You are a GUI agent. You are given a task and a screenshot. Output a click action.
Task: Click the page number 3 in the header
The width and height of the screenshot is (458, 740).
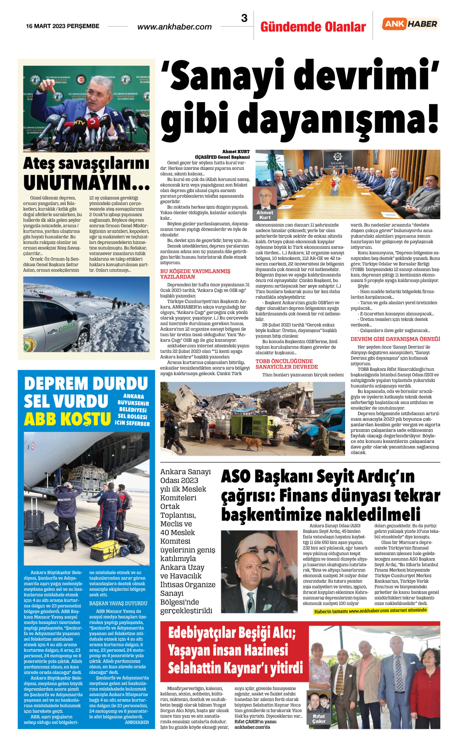pos(244,18)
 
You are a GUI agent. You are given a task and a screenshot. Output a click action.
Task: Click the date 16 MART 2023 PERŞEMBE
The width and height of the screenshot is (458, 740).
pos(63,26)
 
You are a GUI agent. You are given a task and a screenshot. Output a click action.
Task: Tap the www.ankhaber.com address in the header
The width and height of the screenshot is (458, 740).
pos(174,27)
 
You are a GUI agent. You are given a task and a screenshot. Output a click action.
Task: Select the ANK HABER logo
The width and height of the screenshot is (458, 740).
pos(411,24)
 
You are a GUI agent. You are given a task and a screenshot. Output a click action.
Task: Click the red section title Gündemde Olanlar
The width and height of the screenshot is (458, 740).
pos(313,27)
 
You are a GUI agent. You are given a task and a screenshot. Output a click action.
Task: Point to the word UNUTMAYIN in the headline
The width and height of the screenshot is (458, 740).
pos(86,182)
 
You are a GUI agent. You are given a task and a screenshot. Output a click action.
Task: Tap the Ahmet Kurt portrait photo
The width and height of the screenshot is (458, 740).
pos(265,199)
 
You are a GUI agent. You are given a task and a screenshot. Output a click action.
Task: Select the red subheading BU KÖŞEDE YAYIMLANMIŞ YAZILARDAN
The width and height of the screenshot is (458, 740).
pos(195,274)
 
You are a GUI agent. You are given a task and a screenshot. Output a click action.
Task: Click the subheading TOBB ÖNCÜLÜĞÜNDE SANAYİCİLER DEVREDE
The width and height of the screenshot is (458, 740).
pos(287,364)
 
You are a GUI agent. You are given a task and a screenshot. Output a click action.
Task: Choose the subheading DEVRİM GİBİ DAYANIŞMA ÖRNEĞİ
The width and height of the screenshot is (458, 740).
pos(395,339)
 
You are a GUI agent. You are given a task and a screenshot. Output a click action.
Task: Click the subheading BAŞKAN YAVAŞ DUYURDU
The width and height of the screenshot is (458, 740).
pos(118,603)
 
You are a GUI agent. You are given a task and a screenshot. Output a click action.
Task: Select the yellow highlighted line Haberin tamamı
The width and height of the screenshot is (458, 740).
pos(370,611)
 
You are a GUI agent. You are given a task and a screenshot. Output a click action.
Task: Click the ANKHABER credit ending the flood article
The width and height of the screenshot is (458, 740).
pos(137,722)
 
